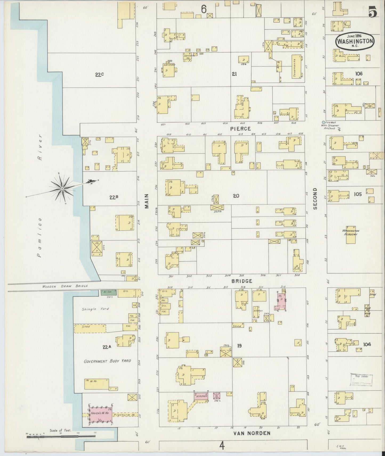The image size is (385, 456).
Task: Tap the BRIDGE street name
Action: (242, 281)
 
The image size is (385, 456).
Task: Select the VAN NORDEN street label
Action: (252, 433)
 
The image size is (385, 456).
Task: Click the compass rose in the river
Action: (62, 188)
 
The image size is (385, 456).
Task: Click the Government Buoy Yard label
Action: (107, 361)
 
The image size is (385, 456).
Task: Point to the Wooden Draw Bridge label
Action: (65, 286)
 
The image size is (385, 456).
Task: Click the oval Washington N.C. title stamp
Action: (354, 41)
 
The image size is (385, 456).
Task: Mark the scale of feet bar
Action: (61, 436)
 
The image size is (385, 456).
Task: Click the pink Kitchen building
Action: (201, 396)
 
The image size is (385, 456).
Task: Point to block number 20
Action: (236, 196)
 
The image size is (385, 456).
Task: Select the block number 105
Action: (358, 194)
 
